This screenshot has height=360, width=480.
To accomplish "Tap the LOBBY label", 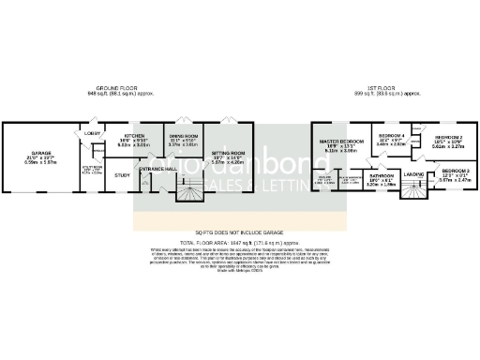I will coord(94,134).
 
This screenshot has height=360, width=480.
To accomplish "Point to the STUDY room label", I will coord(122,174).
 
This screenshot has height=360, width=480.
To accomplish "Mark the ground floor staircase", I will coord(190,195).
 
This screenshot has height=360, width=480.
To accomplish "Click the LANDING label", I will coord(414,173).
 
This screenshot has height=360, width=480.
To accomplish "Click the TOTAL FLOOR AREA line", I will coord(239,242).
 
